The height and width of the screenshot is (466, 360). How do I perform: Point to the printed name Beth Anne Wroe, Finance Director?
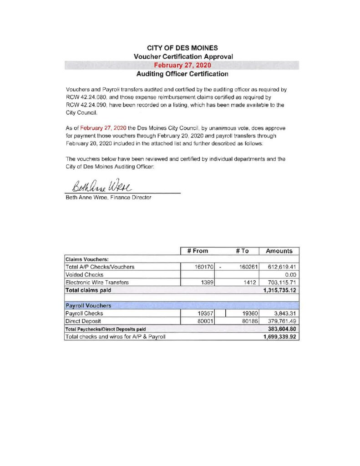[109, 198]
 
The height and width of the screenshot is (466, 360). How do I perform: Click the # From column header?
[198, 251]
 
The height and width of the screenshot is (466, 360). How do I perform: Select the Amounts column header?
[279, 251]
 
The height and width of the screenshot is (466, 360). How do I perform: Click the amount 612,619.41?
[281, 267]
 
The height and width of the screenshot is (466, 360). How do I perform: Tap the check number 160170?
[204, 267]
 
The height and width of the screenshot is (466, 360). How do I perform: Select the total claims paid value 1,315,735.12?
[279, 290]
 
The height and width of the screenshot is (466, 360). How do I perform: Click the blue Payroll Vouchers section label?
[88, 305]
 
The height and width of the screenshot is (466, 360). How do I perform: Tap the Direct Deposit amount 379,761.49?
[281, 321]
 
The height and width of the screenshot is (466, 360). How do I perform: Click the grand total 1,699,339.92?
[279, 337]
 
